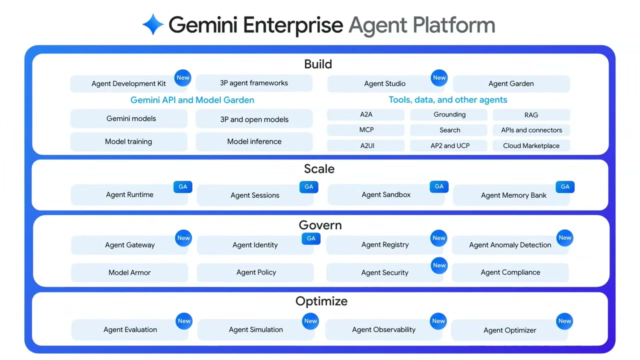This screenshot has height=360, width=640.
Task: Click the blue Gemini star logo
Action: (153, 24)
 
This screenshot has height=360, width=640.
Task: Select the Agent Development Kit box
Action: (128, 83)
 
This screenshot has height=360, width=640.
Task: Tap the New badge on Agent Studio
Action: (439, 77)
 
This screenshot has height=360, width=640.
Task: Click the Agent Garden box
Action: (511, 83)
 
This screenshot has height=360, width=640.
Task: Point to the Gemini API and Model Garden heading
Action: (192, 100)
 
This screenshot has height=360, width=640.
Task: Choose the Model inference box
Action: (254, 141)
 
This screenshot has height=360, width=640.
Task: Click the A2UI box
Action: (367, 145)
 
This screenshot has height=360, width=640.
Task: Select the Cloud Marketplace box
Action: (531, 145)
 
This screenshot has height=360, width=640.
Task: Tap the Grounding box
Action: (449, 114)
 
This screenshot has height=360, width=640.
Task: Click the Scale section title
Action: (319, 169)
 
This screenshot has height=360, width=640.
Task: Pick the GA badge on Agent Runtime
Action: (183, 186)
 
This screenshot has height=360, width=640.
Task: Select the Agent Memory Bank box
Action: (513, 195)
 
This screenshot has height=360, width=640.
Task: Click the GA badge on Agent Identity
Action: (311, 238)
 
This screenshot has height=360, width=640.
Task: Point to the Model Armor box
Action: (129, 272)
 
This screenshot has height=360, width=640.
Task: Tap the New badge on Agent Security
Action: (439, 265)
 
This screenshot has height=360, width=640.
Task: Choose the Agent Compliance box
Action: (510, 272)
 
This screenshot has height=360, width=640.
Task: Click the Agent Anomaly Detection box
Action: (510, 245)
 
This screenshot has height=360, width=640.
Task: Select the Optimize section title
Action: (321, 301)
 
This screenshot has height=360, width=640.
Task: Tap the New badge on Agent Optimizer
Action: (564, 321)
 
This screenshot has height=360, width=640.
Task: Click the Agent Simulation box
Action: (255, 329)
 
